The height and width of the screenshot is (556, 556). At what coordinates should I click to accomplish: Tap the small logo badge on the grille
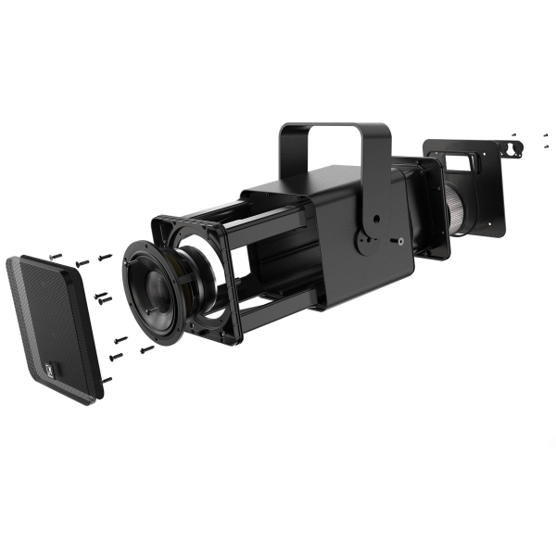click(x=53, y=373)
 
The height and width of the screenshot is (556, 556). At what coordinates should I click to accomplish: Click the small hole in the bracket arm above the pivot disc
click(x=374, y=219)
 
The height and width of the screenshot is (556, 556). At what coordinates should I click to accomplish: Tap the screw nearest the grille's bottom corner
click(x=106, y=380)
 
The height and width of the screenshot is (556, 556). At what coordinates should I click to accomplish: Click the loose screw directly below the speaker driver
click(x=146, y=349)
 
